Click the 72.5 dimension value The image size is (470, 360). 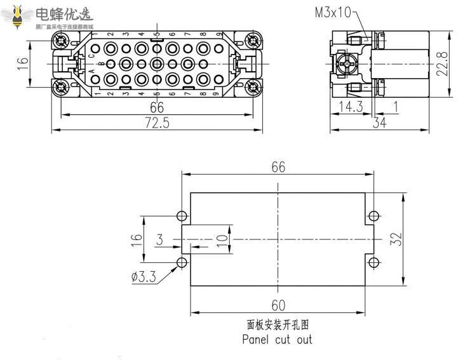157,123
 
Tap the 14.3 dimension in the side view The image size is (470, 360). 351,107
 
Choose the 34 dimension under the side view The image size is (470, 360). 379,123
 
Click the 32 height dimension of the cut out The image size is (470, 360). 395,239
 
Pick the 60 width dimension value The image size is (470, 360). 278,304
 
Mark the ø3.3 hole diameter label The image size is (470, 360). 145,277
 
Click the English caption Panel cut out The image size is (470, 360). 278,339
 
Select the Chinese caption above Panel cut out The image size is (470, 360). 278,324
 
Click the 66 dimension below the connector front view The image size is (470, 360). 157,107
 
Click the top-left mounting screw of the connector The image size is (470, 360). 62,42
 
